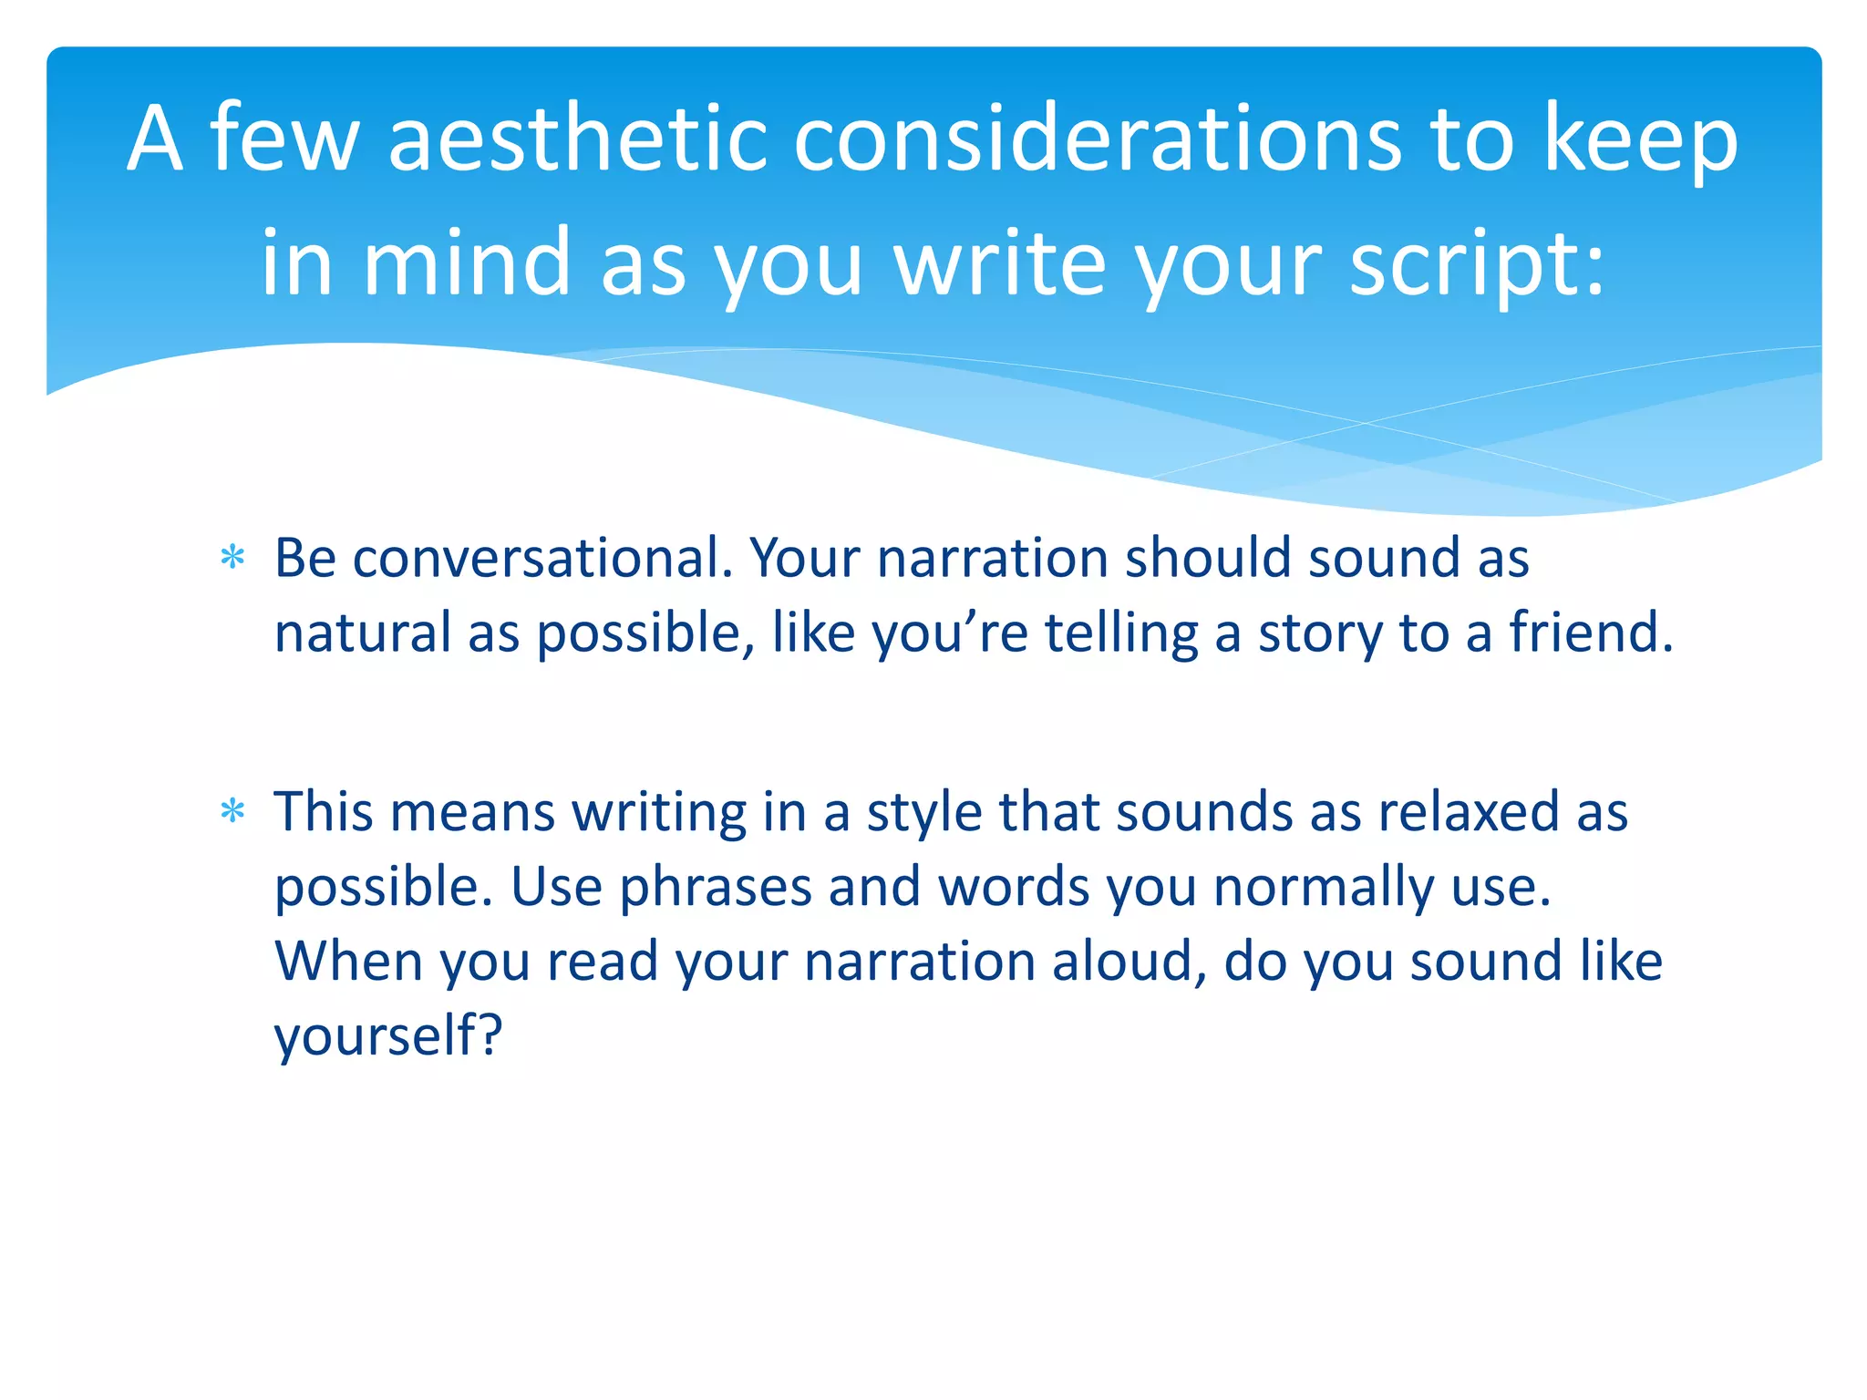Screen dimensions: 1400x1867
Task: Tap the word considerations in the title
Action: tap(1098, 139)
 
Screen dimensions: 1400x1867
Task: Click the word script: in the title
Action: tap(1477, 264)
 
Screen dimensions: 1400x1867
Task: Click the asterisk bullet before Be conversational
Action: tap(233, 558)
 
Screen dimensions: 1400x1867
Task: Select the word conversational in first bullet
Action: tap(542, 558)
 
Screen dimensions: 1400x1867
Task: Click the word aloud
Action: tap(1129, 962)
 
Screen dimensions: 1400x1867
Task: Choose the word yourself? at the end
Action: tap(388, 1037)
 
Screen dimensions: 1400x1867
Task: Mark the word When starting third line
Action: tap(349, 962)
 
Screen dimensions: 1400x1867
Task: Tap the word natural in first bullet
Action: tap(362, 633)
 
